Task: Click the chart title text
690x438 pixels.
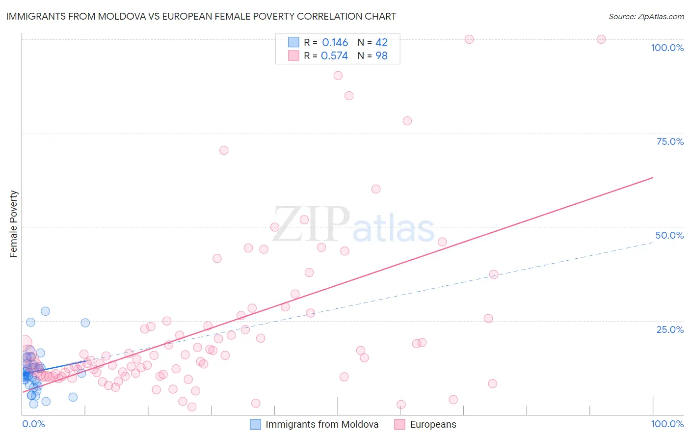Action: tap(201, 16)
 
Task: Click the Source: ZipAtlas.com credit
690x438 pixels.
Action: tap(646, 17)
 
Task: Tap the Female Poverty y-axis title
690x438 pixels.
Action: tap(14, 224)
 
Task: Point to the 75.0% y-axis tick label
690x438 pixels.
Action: tap(670, 141)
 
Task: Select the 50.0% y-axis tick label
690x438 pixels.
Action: tap(669, 235)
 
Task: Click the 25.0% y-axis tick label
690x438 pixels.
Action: tap(670, 329)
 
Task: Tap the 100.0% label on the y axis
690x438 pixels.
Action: tap(667, 48)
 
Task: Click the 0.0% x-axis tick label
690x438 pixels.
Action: tap(33, 424)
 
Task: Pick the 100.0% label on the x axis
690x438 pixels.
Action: tap(667, 424)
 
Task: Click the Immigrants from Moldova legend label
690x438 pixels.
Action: tap(322, 424)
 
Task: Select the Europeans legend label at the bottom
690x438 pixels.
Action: tap(433, 424)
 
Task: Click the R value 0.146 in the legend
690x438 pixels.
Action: tap(335, 43)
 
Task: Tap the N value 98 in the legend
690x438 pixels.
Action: tap(381, 56)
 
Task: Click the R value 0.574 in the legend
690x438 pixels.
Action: tap(334, 56)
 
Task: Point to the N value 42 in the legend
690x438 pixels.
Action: tap(381, 43)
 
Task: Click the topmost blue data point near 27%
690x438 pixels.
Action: tap(45, 311)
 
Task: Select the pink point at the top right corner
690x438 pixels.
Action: tap(601, 39)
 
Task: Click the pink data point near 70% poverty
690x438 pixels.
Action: tap(224, 150)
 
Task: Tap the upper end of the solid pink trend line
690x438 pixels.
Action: tap(653, 177)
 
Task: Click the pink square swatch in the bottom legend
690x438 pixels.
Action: tap(399, 424)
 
